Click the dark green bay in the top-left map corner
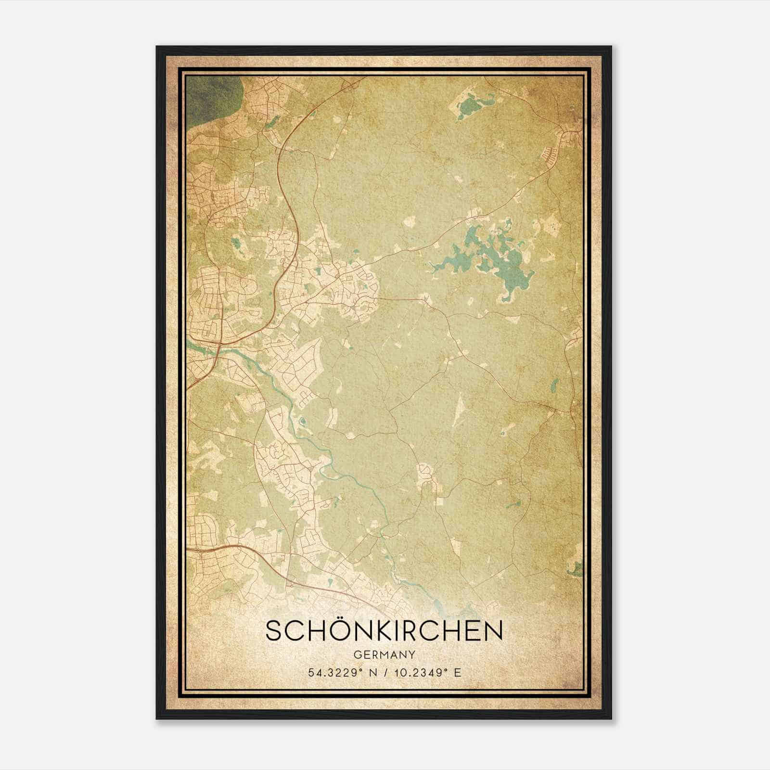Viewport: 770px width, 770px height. [x=212, y=96]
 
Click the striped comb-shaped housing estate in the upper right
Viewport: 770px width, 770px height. [x=549, y=154]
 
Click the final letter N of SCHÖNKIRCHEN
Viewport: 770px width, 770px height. [x=494, y=631]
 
